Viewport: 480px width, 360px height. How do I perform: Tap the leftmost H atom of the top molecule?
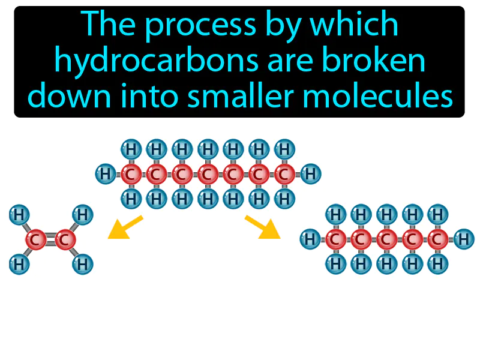coord(105,175)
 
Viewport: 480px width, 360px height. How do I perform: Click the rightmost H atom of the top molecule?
coord(311,175)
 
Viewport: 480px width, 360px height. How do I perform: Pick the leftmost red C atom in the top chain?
coord(130,175)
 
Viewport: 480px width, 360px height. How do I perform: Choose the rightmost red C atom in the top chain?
coord(285,175)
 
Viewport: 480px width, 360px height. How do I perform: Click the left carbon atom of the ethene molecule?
coord(35,240)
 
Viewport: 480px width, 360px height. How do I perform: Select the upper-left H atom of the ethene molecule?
coord(19,214)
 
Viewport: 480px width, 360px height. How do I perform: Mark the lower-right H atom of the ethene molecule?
coord(82,264)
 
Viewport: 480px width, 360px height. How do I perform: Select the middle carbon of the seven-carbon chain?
coord(208,175)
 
